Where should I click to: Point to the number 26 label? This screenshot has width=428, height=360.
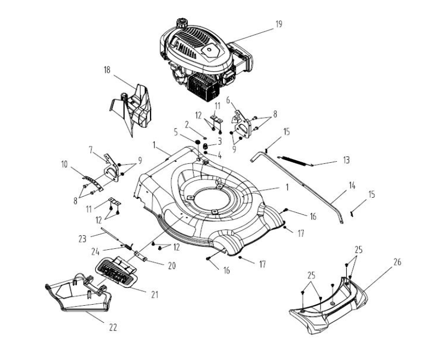397,262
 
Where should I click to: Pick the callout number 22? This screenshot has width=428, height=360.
113,326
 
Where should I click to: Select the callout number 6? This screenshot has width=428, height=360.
228,100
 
